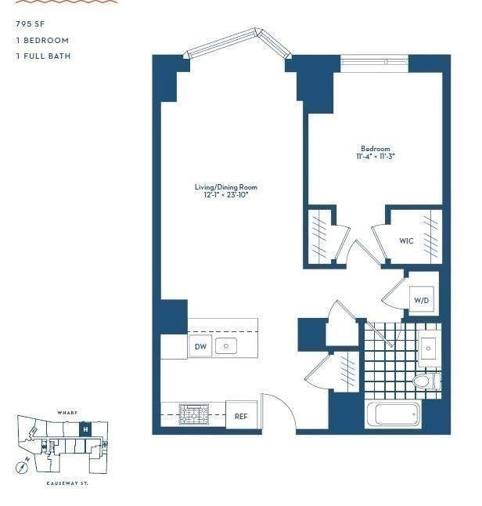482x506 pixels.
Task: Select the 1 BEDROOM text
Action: (x=41, y=40)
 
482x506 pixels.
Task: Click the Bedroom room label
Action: (x=375, y=149)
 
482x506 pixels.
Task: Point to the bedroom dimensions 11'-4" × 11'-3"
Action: (x=375, y=157)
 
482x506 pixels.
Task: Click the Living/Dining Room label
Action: (x=225, y=187)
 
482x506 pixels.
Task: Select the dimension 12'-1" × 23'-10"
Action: (x=225, y=195)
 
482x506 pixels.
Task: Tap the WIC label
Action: (x=406, y=240)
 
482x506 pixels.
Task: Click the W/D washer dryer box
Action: (x=421, y=300)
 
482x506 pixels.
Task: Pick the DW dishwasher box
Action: (x=200, y=346)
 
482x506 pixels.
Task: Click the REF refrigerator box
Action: (x=241, y=416)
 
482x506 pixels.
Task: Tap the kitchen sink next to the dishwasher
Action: (x=226, y=345)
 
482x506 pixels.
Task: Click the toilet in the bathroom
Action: (x=425, y=381)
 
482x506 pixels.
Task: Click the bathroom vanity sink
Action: (x=428, y=346)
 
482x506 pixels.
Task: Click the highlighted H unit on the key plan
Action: (x=85, y=429)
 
